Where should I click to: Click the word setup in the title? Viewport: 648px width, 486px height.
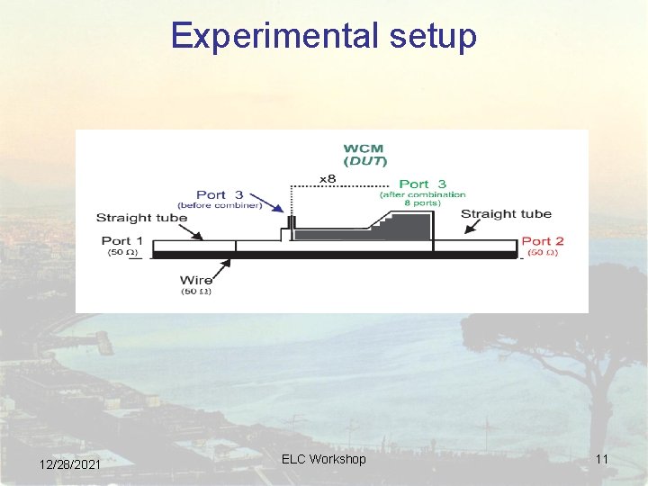(x=432, y=37)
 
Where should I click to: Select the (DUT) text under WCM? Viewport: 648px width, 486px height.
(x=364, y=161)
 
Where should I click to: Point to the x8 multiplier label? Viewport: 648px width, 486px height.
(x=327, y=179)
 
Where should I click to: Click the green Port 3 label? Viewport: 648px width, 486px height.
(x=422, y=184)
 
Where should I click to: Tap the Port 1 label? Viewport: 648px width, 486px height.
(x=121, y=240)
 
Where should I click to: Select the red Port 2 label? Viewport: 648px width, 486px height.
(x=543, y=240)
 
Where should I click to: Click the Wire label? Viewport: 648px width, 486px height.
(x=196, y=281)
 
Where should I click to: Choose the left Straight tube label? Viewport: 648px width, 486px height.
(x=141, y=218)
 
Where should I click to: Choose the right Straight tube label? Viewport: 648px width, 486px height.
(x=506, y=214)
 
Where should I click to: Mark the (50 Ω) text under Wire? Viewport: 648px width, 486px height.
(x=196, y=292)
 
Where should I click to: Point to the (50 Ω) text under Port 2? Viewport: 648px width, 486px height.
(x=543, y=252)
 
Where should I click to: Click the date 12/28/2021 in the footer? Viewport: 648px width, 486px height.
(x=70, y=463)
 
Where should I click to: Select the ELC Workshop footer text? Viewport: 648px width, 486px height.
(x=324, y=459)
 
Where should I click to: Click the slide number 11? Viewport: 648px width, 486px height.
(x=602, y=460)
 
